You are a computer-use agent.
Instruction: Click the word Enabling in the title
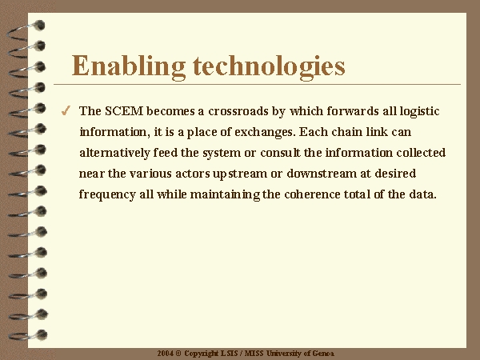point(129,67)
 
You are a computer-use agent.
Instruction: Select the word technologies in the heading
point(269,67)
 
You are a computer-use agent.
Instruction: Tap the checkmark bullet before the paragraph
point(66,110)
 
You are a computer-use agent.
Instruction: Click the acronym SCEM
point(124,111)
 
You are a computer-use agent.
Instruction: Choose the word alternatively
point(114,153)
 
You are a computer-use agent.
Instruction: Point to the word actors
point(192,174)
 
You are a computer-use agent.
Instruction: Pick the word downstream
point(322,174)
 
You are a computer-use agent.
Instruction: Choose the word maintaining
point(226,195)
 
